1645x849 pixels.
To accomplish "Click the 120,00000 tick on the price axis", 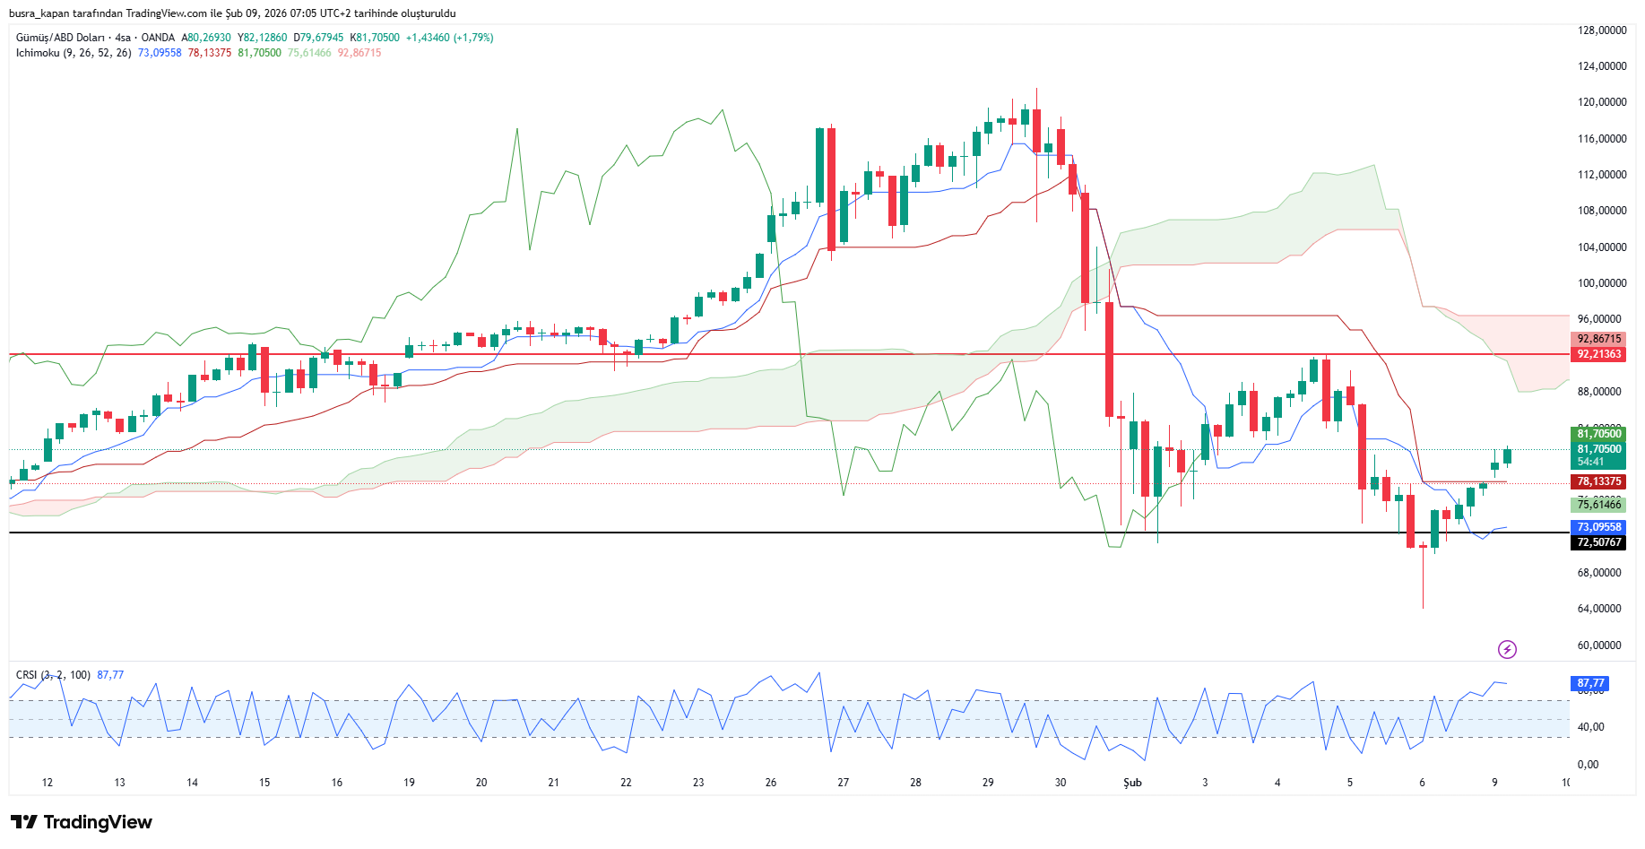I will [1601, 102].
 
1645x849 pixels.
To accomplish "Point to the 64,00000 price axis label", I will [1601, 609].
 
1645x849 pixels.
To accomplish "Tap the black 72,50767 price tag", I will [1599, 542].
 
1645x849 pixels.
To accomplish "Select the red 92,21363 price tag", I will [1599, 354].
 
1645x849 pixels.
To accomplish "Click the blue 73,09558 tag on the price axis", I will [1599, 527].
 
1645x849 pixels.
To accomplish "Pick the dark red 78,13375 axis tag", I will [1599, 481].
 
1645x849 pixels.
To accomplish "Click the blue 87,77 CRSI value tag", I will [1591, 683].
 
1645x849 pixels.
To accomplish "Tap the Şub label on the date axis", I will [1132, 783].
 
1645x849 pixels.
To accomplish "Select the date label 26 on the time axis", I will [771, 783].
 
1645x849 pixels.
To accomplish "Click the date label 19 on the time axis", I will [409, 783].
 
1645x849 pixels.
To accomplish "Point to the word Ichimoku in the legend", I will [38, 53].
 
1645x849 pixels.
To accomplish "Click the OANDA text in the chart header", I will [158, 38].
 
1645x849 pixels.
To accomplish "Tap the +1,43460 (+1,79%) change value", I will [449, 38].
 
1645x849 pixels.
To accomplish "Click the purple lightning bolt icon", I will [1507, 649].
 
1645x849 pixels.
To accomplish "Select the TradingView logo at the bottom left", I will [82, 822].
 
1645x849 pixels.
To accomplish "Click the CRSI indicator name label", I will [27, 675].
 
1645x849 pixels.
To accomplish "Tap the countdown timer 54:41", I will [1590, 462].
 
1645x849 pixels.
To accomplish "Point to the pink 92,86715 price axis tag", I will [1599, 339].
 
